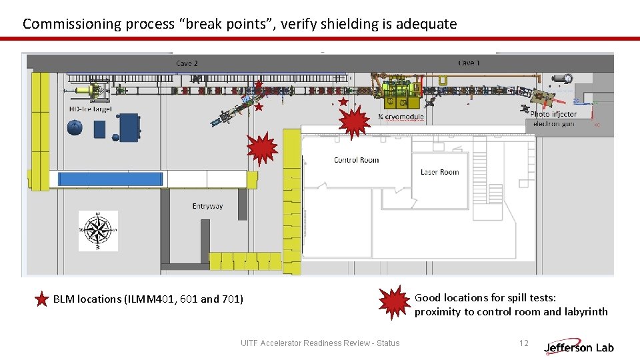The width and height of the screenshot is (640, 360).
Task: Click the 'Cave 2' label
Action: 187,64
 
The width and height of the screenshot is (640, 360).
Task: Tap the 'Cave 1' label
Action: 469,63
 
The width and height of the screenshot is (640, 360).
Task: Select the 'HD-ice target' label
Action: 90,109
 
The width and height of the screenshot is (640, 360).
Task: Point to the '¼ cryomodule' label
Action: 401,117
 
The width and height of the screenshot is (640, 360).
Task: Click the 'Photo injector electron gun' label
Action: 553,119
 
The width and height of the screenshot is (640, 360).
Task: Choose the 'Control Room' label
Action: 356,160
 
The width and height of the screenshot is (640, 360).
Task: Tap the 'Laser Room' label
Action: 439,172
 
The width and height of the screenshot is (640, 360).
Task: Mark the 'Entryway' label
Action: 207,206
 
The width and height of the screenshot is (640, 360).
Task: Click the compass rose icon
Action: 99,231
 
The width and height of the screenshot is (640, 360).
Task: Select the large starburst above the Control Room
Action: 354,122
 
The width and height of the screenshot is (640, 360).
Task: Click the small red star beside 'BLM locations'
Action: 41,299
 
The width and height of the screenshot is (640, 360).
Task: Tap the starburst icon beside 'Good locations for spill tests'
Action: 395,302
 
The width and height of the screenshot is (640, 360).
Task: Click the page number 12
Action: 523,343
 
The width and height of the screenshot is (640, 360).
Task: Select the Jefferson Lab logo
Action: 579,347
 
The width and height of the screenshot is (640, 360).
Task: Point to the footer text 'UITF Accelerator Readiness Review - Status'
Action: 320,343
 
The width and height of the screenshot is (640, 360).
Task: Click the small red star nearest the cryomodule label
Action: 343,102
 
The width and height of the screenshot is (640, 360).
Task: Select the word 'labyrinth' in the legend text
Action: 586,312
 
